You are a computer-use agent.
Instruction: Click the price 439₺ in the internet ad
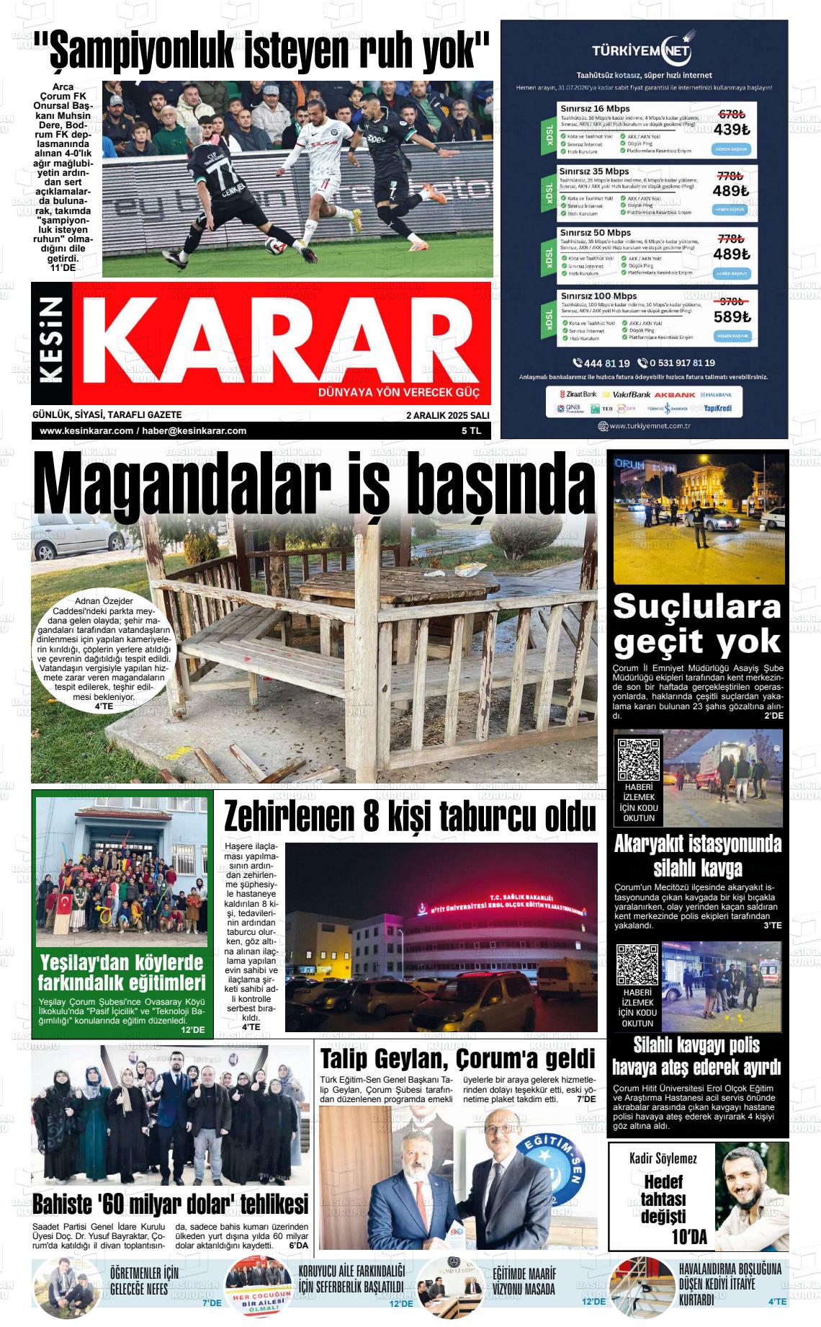pos(731,130)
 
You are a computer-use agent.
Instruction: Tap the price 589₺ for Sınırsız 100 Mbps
pos(731,317)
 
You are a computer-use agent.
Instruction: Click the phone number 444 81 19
pos(601,363)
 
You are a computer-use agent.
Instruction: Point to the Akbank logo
pos(674,395)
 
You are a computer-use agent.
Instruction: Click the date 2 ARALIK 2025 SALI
pos(447,415)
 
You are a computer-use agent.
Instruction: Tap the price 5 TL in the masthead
pos(472,431)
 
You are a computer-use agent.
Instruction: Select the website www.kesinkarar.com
pos(86,431)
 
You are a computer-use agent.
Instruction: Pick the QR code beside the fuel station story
pos(639,760)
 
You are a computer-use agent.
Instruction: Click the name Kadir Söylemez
pos(663,1159)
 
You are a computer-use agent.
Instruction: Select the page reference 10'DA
pos(689,1238)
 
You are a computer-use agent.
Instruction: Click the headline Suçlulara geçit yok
pos(697,624)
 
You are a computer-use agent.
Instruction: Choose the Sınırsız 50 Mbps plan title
pos(595,233)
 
